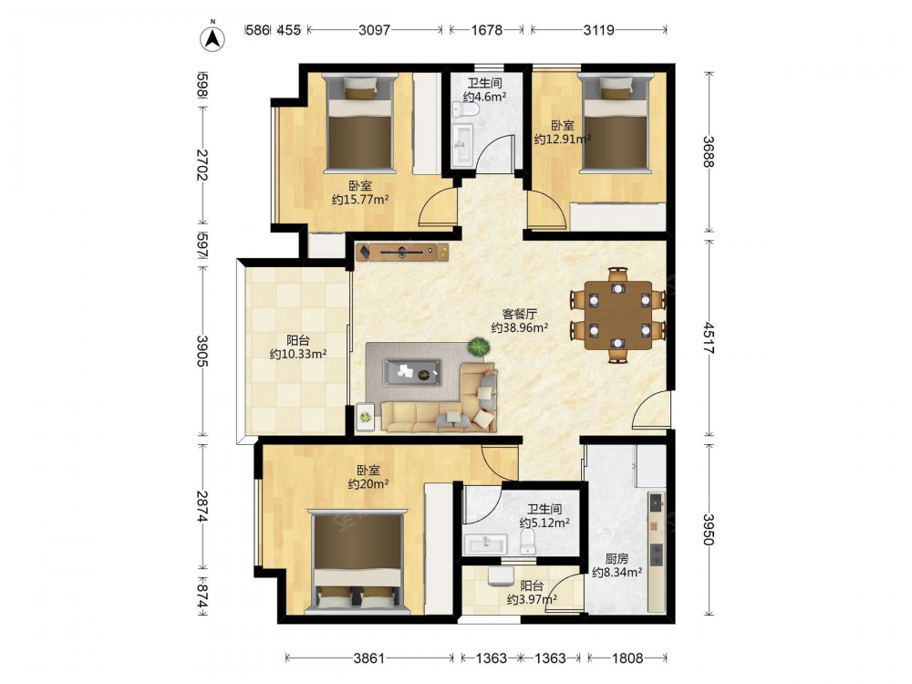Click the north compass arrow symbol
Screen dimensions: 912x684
tap(212, 37)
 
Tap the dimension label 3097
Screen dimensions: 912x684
tap(374, 30)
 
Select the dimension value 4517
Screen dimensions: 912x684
tap(708, 338)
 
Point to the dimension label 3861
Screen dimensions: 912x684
tap(368, 658)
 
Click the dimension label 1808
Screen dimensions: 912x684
tap(627, 658)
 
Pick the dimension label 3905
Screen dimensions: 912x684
tap(202, 351)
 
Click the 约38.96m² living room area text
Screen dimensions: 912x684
tap(520, 328)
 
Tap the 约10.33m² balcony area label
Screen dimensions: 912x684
tap(298, 354)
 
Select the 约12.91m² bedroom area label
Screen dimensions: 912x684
tap(563, 139)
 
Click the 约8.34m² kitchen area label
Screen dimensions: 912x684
tap(617, 573)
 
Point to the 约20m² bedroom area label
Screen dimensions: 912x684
tap(368, 484)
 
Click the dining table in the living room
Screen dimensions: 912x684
tap(618, 316)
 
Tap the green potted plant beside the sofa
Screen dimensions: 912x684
tap(479, 347)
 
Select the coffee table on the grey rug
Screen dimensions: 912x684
tap(412, 372)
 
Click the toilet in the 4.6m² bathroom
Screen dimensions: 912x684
tap(467, 109)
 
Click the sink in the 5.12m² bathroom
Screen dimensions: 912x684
tap(485, 544)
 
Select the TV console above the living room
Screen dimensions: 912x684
tap(402, 252)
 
